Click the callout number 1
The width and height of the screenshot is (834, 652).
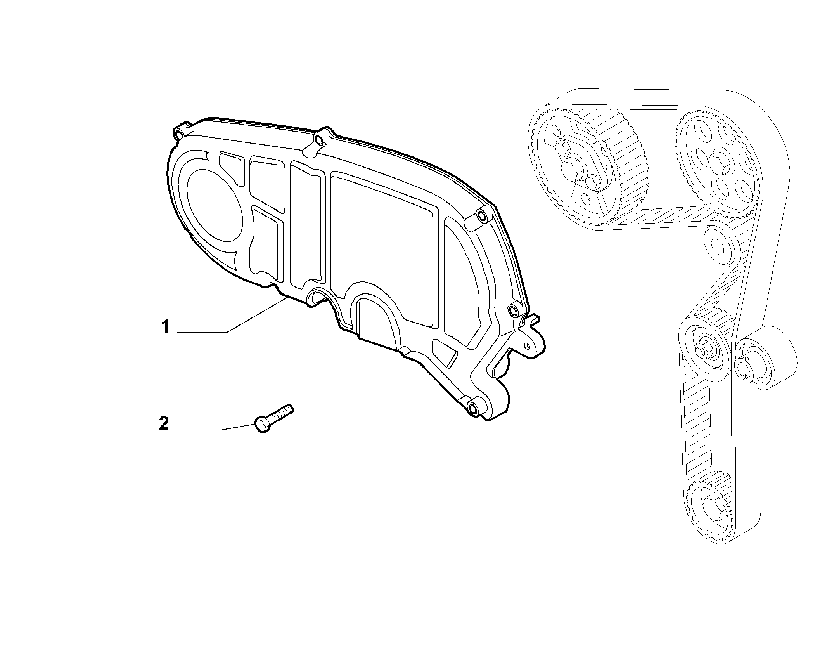click(166, 327)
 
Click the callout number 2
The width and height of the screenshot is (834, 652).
click(164, 424)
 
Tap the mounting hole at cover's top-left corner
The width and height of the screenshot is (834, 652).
click(179, 134)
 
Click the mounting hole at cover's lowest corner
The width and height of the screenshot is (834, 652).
click(473, 408)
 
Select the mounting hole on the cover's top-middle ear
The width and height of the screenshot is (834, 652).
click(319, 140)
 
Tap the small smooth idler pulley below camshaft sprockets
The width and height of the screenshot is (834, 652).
click(719, 245)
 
